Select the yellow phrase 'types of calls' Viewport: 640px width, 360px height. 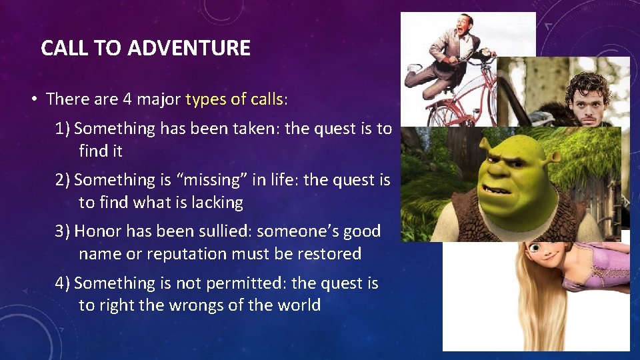234,99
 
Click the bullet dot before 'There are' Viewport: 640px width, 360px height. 33,100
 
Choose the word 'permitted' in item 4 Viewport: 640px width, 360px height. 248,283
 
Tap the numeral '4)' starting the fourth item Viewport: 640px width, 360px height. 63,283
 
